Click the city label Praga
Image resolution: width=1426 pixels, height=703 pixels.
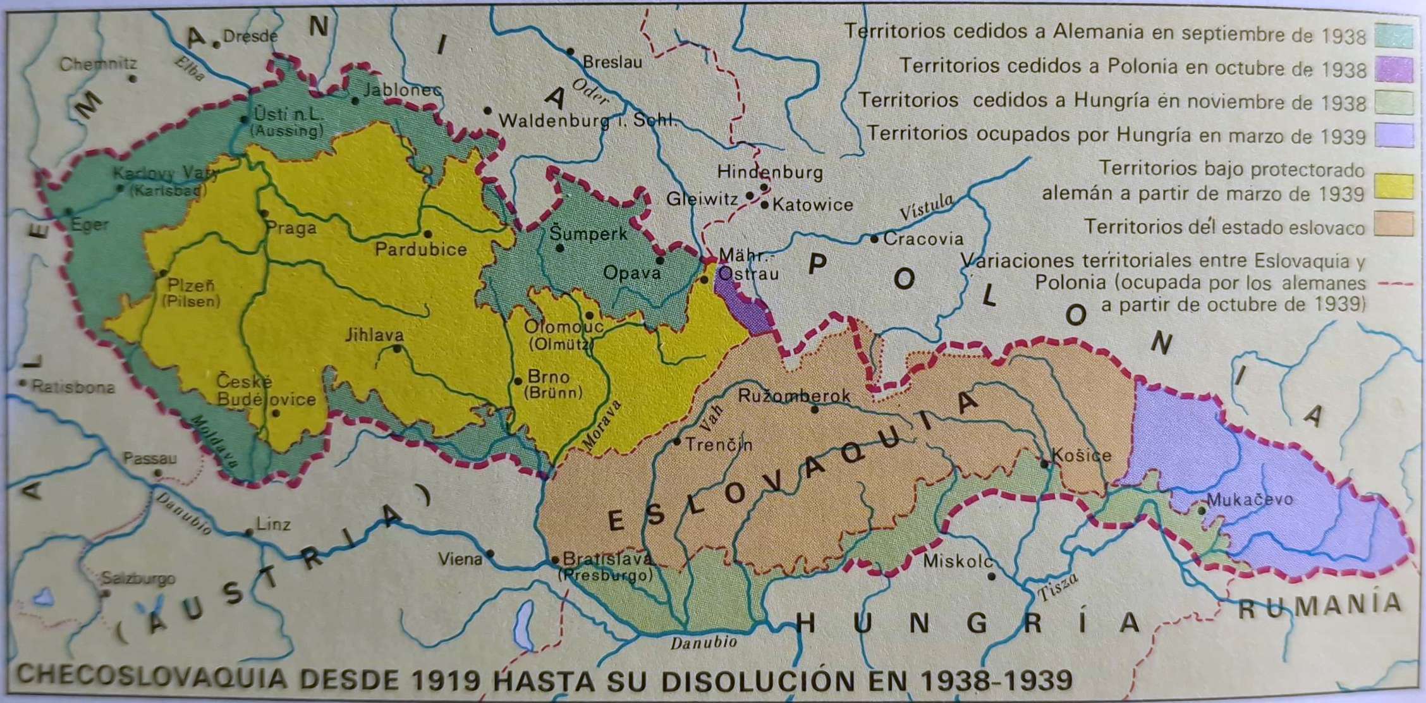tap(291, 228)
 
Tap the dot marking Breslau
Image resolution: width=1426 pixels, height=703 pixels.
tap(570, 51)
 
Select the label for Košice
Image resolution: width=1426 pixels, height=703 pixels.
tap(1081, 455)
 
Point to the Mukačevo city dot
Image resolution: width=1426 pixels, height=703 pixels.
tap(1202, 510)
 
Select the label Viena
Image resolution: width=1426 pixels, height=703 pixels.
tap(460, 559)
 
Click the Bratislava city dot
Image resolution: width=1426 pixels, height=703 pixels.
tap(555, 559)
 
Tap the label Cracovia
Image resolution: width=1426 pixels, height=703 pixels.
tap(923, 239)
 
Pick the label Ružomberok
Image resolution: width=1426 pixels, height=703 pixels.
tap(794, 396)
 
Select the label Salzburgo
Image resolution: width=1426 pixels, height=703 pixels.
tap(139, 578)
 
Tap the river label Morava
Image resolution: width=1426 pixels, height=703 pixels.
tap(602, 425)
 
